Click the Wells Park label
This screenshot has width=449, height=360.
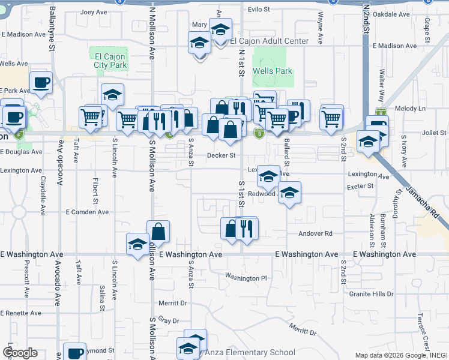(x=273, y=71)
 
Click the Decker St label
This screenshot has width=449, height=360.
(x=221, y=155)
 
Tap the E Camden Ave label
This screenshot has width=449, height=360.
(x=87, y=212)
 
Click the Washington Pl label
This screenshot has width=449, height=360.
(x=246, y=277)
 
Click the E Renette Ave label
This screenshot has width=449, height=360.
(x=20, y=313)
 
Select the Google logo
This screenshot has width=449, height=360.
(x=20, y=352)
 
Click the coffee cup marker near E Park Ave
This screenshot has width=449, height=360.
(x=41, y=83)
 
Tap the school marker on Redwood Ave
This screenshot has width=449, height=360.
(x=289, y=193)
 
